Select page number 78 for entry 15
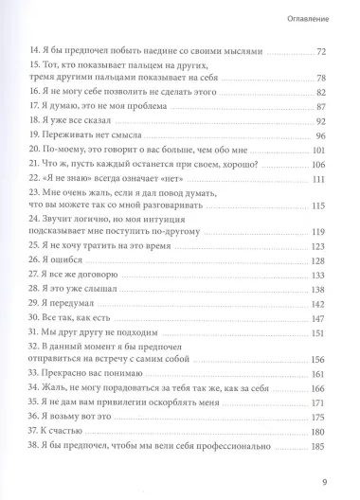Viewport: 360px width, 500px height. point(333,77)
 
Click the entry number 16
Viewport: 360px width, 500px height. point(37,93)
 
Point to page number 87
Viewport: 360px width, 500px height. point(333,108)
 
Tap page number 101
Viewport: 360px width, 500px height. point(332,154)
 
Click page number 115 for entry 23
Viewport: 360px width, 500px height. point(332,207)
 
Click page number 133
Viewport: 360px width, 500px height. point(332,277)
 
